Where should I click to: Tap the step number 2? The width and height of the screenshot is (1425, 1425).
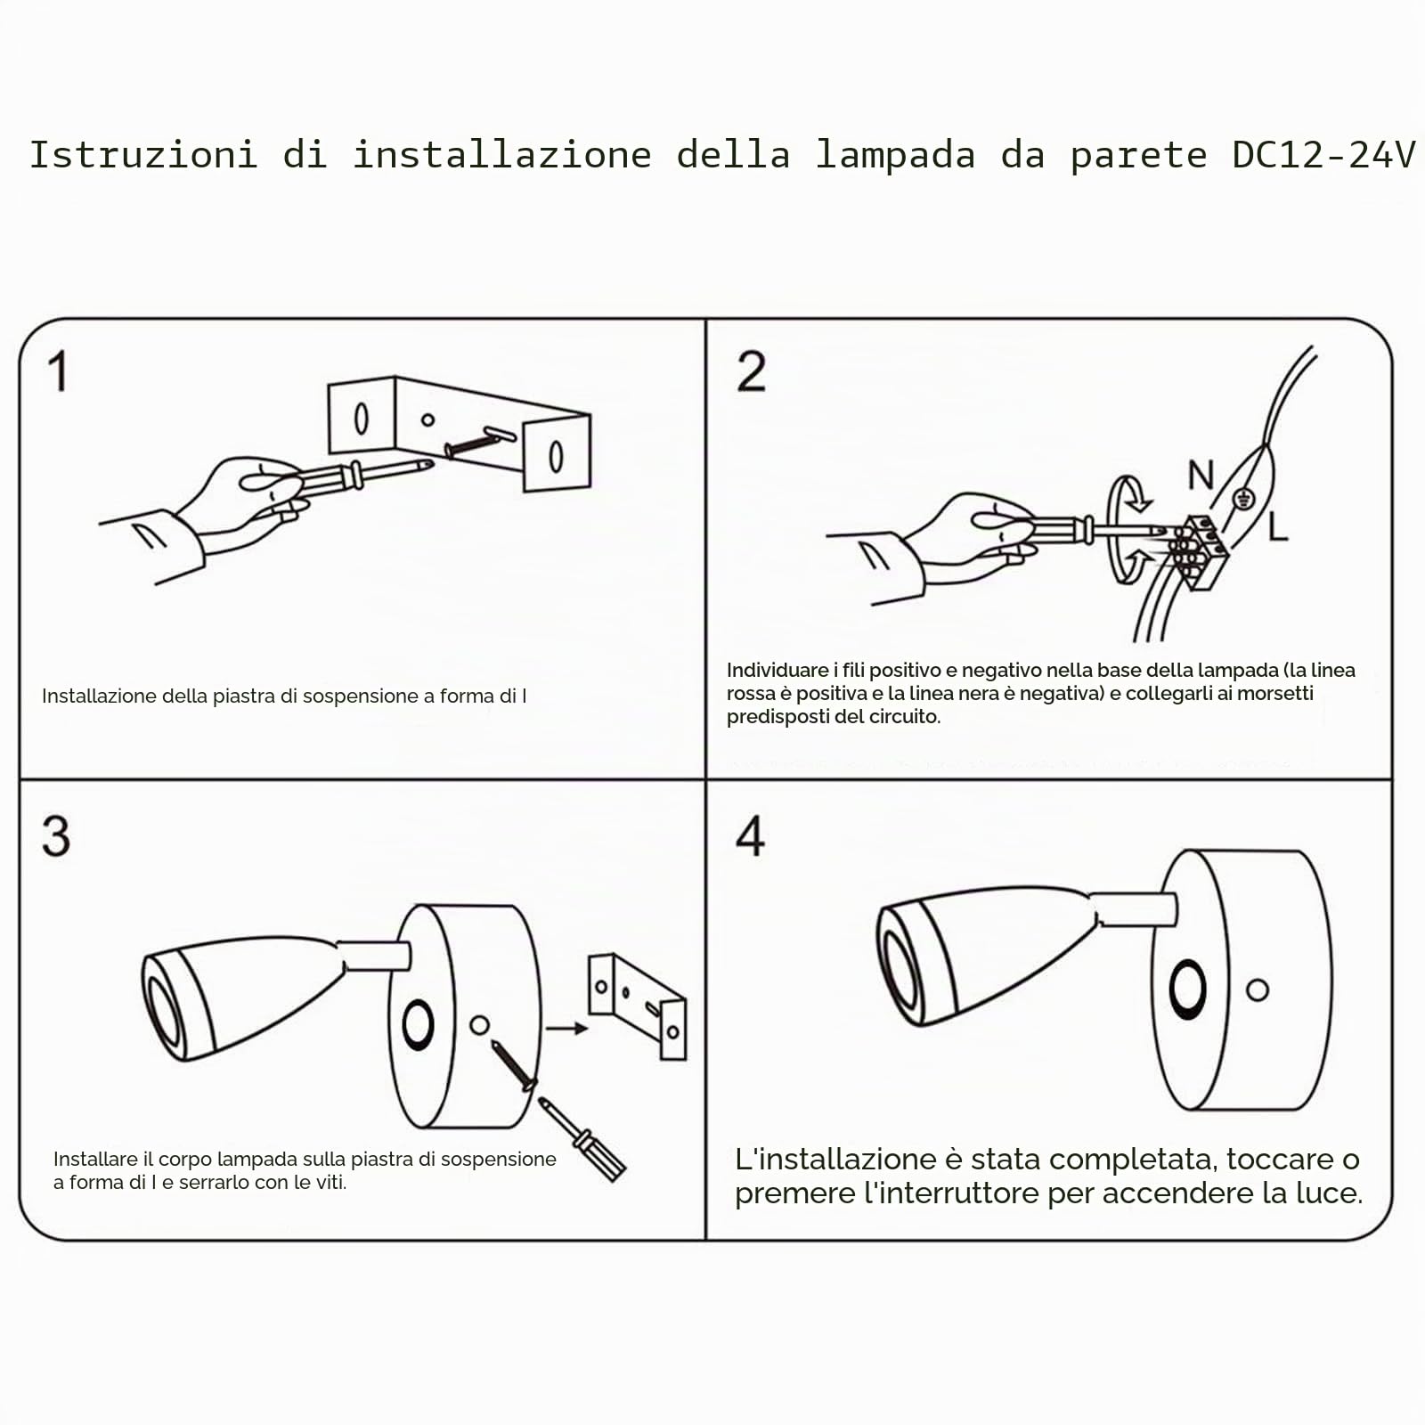click(x=751, y=371)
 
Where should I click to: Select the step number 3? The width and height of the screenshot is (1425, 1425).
click(x=55, y=836)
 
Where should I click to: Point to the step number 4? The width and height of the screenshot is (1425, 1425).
click(x=750, y=836)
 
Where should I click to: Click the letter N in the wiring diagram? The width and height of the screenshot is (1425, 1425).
click(x=1201, y=475)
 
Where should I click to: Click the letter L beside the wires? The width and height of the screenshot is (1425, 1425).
click(x=1278, y=526)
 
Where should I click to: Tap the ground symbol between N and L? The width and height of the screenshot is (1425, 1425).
click(x=1244, y=499)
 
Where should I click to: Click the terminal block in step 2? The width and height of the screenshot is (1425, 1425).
click(x=1198, y=550)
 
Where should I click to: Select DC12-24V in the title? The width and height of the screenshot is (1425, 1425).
click(x=1323, y=154)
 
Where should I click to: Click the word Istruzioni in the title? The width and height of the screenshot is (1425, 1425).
click(x=143, y=154)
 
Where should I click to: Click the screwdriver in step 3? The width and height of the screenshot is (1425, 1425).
click(x=582, y=1140)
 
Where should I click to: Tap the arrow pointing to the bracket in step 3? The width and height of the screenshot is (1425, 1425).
click(x=566, y=1029)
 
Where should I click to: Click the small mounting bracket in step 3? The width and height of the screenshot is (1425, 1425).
click(x=637, y=1006)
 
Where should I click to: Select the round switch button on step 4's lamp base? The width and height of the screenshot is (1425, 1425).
click(x=1188, y=989)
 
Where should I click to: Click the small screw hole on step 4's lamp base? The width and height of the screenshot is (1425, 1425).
click(x=1258, y=989)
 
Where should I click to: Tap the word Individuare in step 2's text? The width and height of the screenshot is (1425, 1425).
click(x=778, y=670)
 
